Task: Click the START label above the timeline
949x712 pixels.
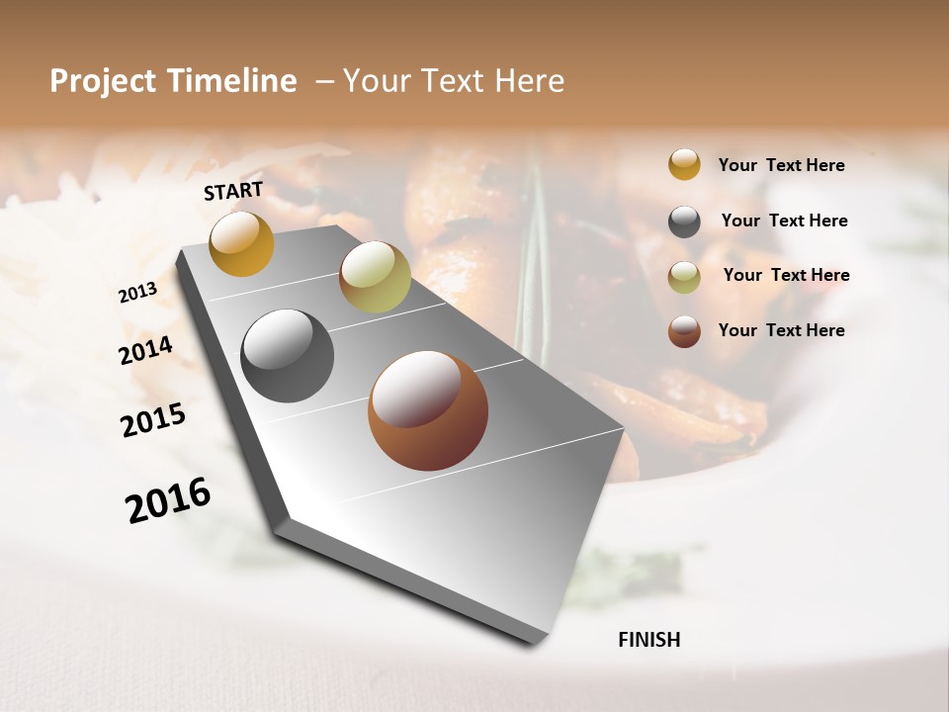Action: (233, 191)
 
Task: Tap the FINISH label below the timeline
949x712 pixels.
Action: (648, 640)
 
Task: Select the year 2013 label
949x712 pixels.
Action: (137, 293)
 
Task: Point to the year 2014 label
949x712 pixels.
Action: (145, 351)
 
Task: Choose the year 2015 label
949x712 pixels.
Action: (153, 420)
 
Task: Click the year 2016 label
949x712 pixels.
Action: (168, 500)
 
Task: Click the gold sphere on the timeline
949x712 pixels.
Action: (241, 244)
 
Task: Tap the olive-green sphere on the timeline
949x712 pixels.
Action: (375, 277)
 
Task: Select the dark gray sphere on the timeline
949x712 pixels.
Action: (287, 356)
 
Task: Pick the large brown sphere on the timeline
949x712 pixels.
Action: (427, 410)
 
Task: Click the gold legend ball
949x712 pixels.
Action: (684, 164)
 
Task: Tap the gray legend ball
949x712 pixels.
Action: (684, 222)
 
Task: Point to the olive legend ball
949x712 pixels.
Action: (684, 277)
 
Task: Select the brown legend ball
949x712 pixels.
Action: (684, 331)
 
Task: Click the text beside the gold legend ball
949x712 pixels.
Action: (781, 165)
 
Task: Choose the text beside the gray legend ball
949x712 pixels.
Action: (784, 221)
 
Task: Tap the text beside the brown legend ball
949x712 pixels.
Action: (781, 330)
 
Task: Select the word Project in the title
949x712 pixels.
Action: (101, 81)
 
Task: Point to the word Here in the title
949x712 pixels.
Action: (529, 81)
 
